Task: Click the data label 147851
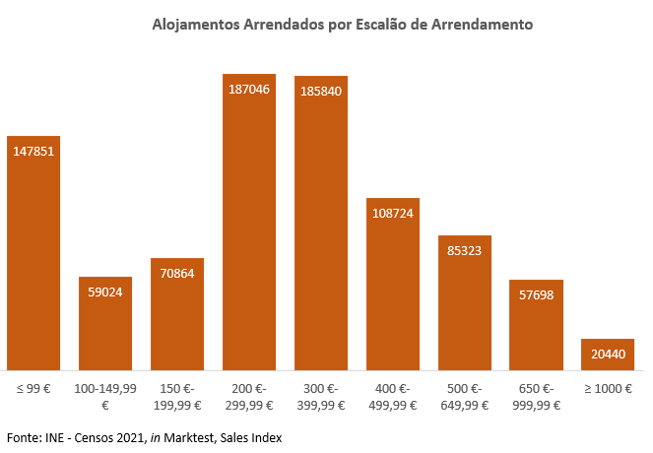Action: coord(33,152)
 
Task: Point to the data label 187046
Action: coord(249,89)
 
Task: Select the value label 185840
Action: coord(321,91)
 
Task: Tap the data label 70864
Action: coord(177,273)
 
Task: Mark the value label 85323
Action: coord(465,250)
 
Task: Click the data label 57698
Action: coord(536,294)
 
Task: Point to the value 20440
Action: coord(608,354)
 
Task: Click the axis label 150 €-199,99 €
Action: coord(177,396)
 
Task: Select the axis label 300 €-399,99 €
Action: coord(321,396)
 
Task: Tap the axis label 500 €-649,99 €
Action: coord(465,396)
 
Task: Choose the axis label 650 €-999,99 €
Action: coord(536,396)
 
